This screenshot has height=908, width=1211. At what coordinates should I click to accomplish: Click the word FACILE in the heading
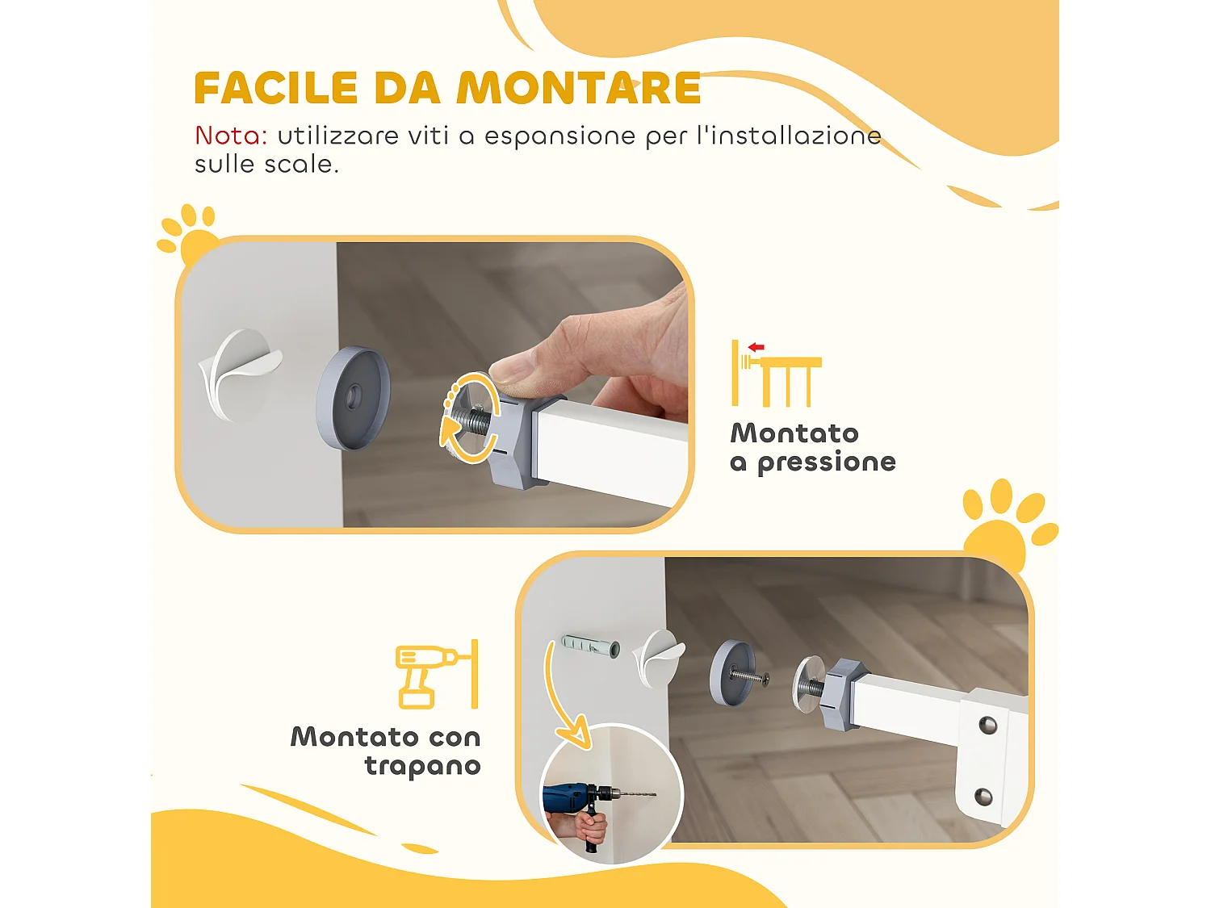(x=276, y=89)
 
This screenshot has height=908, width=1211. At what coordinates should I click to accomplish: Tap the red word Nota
(x=231, y=136)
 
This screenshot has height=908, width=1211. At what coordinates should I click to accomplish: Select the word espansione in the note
(x=559, y=136)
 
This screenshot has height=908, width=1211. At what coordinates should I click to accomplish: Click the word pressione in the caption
(x=826, y=462)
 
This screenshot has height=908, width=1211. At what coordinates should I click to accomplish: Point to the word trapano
(x=422, y=765)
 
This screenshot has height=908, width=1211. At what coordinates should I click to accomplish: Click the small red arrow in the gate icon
(x=756, y=347)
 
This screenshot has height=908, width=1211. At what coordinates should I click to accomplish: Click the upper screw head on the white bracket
(x=987, y=725)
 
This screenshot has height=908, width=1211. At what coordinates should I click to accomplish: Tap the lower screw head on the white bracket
(x=983, y=797)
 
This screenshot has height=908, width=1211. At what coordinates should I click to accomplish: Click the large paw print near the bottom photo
(x=1006, y=525)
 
